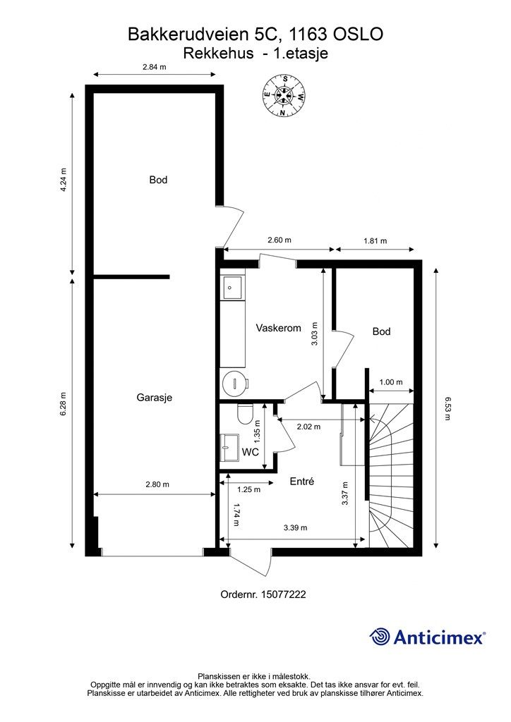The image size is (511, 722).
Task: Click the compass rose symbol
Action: pyautogui.click(x=285, y=95)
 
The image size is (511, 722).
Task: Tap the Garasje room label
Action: pyautogui.click(x=154, y=397)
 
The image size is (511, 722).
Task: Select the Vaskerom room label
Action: pyautogui.click(x=278, y=328)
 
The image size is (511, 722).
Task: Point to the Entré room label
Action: pyautogui.click(x=301, y=482)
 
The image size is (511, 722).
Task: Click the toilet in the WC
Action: pyautogui.click(x=245, y=413)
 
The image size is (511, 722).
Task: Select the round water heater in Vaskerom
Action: pyautogui.click(x=233, y=384)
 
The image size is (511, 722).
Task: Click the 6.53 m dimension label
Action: pyautogui.click(x=447, y=407)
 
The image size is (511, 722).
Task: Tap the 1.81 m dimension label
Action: pyautogui.click(x=375, y=240)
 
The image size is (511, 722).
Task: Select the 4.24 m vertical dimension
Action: pyautogui.click(x=63, y=180)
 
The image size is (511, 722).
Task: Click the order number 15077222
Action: pyautogui.click(x=263, y=594)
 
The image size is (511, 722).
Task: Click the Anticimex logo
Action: pyautogui.click(x=428, y=637)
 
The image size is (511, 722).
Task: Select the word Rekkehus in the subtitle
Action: pyautogui.click(x=218, y=53)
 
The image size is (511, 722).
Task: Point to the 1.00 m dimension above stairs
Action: pyautogui.click(x=390, y=382)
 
